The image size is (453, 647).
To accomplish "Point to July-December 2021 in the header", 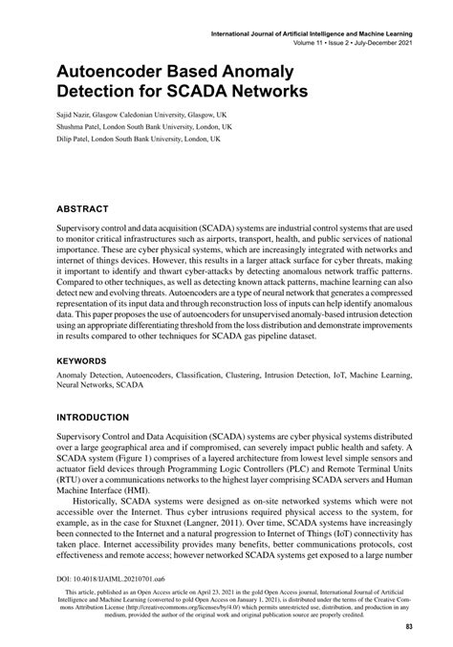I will pyautogui.click(x=379, y=43).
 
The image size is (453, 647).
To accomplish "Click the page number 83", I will pyautogui.click(x=408, y=627).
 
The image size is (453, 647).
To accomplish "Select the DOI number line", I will pyautogui.click(x=89, y=579).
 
